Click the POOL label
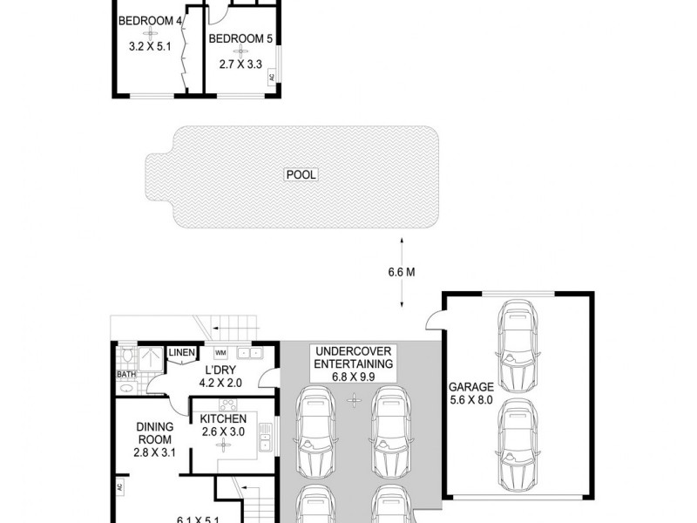coord(301,175)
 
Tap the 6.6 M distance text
coord(401,272)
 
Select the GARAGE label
coord(471,386)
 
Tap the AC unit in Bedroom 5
coord(272,78)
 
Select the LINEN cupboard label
coord(181,352)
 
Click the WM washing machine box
coord(220,352)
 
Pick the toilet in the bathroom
coord(128,356)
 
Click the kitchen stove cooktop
coord(228,404)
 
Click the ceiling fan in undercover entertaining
coord(353,401)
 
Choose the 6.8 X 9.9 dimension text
coord(353,377)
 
